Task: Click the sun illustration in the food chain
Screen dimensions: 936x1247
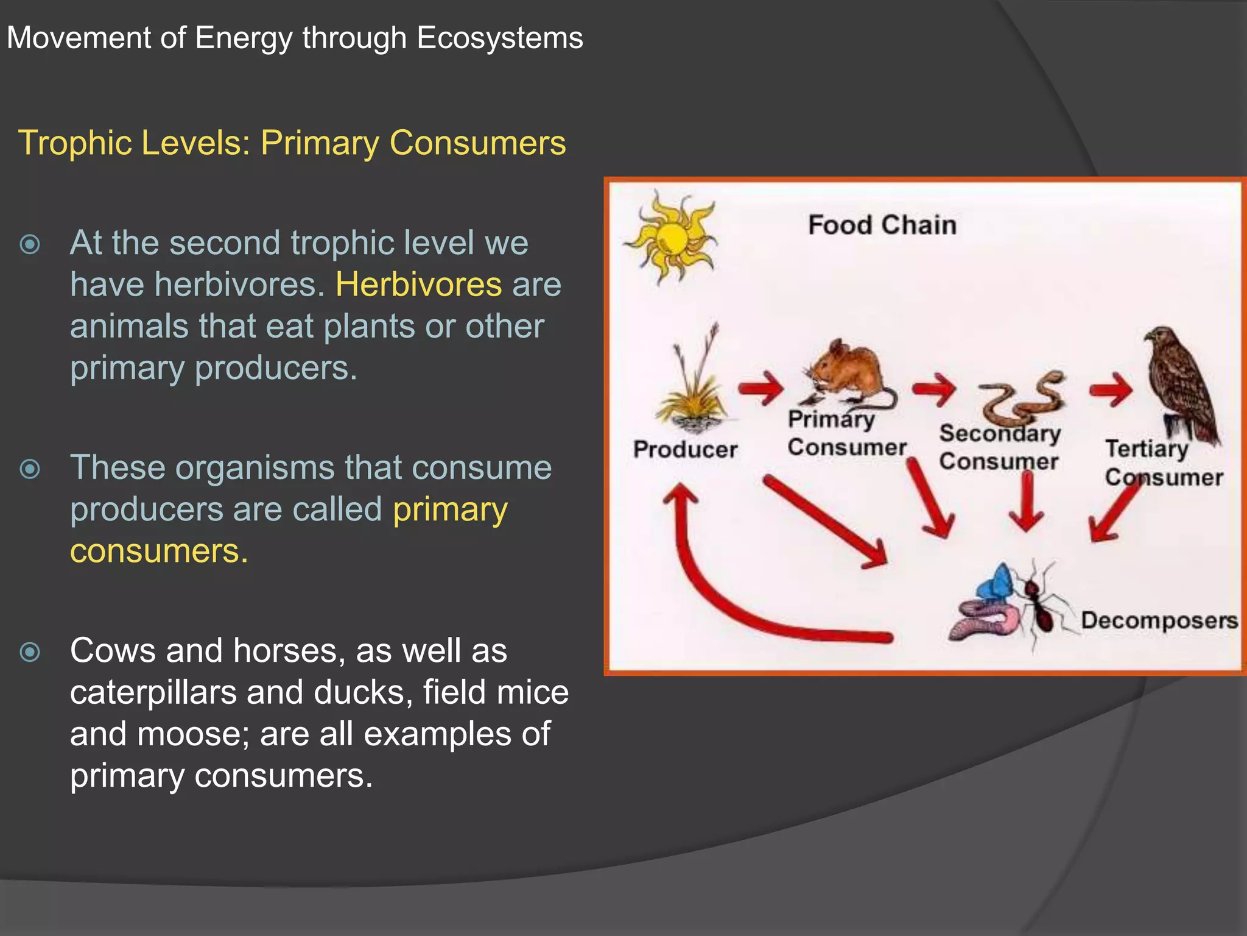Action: [671, 237]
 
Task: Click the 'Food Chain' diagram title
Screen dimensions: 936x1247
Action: [882, 225]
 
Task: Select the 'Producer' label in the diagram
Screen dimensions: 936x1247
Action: [685, 450]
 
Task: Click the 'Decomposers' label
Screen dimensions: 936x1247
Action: [1159, 620]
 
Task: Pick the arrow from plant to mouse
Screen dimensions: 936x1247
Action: [761, 388]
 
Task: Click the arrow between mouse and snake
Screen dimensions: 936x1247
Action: [935, 389]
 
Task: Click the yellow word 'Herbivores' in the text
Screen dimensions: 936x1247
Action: [418, 285]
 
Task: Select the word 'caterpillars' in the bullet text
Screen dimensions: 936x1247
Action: [153, 692]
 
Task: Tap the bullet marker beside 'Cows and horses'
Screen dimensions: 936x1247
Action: [30, 652]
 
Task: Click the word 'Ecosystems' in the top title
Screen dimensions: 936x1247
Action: [499, 38]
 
